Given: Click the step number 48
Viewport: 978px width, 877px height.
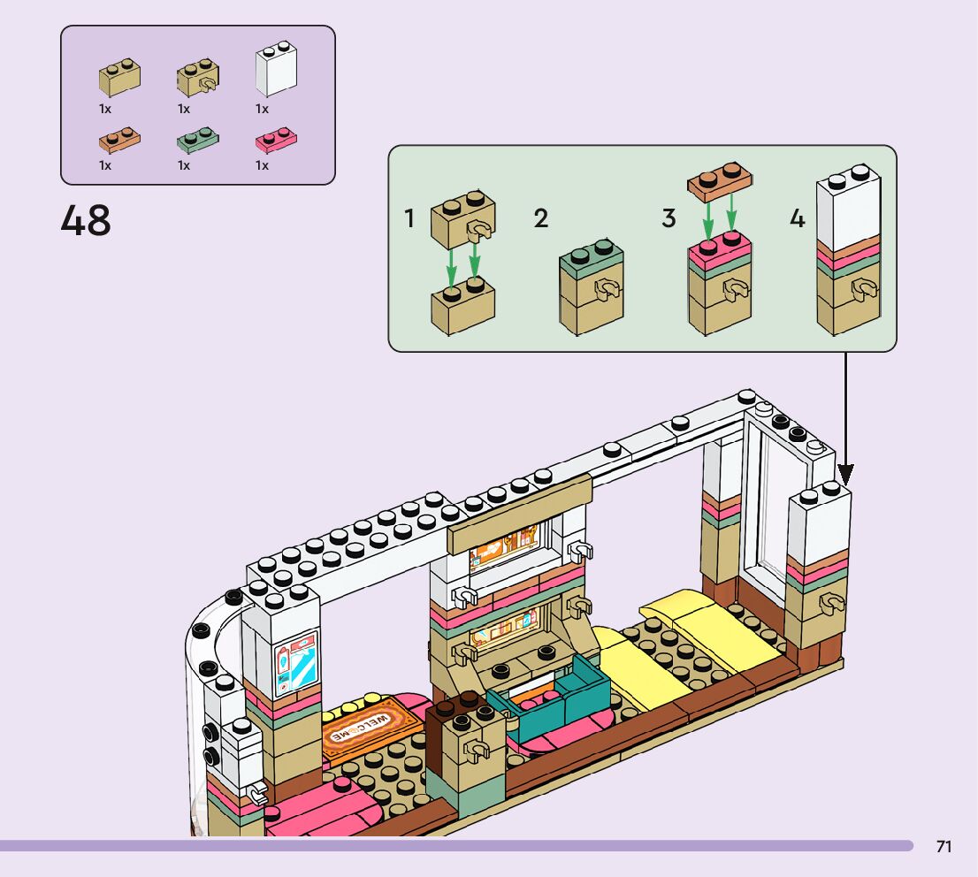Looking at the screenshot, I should [x=86, y=221].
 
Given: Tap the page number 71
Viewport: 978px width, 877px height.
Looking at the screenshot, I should [x=944, y=847].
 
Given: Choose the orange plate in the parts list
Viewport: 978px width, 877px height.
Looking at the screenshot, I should [x=118, y=140].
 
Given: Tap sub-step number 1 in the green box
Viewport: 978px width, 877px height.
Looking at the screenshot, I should [x=409, y=218].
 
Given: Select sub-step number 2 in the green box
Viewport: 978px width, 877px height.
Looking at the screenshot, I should [x=540, y=218].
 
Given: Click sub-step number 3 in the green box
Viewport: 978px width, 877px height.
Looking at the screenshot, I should [x=669, y=218].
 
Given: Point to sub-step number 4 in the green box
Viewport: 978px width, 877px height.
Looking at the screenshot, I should [x=798, y=218].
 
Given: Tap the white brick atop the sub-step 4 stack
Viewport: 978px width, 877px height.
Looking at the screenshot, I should [x=847, y=203].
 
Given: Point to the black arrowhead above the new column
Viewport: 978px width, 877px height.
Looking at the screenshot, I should [x=845, y=473].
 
